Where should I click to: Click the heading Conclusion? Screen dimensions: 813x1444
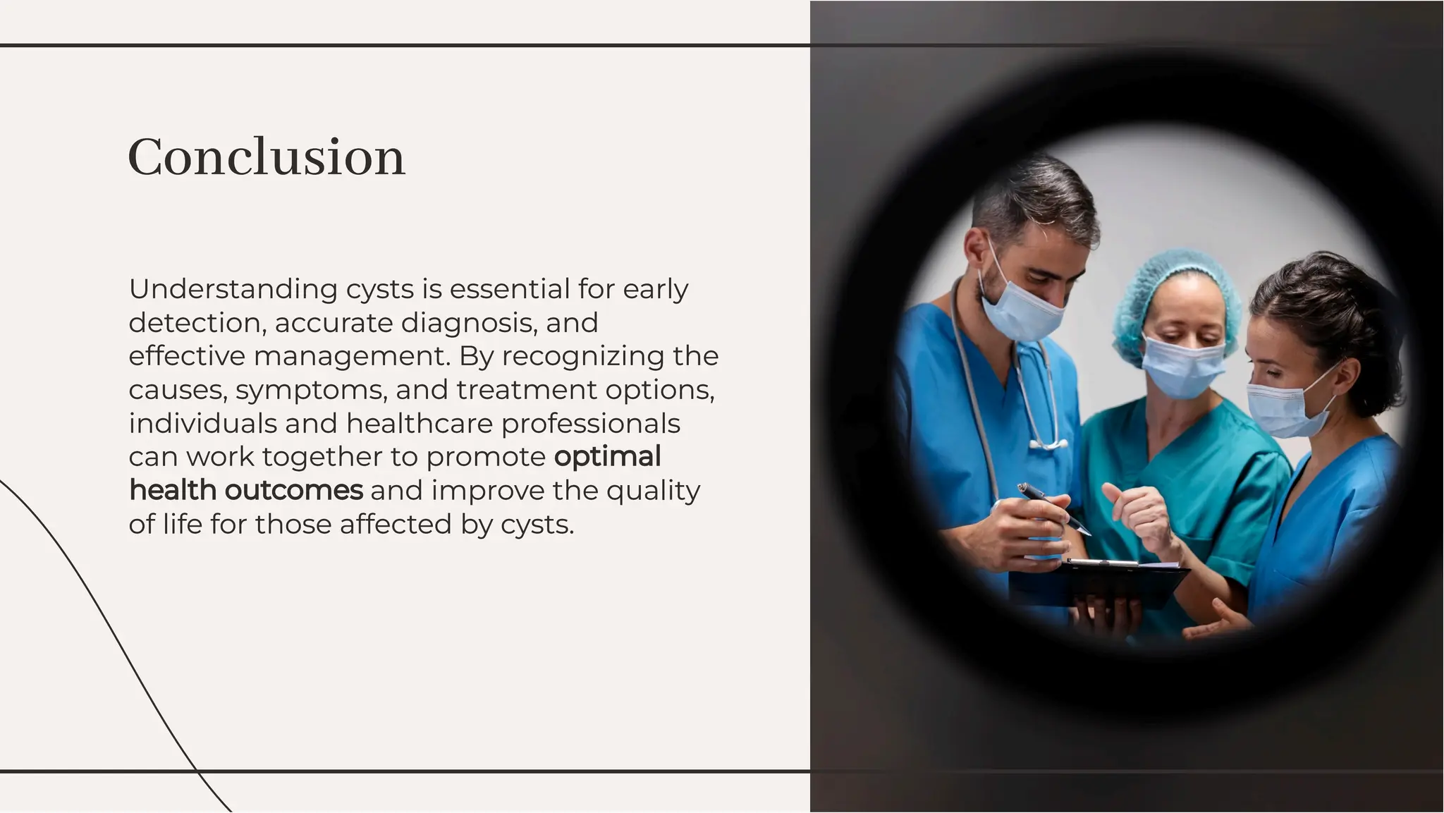[x=267, y=157]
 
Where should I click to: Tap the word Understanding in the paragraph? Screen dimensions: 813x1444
[x=233, y=289]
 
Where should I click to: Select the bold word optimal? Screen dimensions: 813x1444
[x=607, y=457]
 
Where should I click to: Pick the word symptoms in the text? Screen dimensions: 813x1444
[x=311, y=390]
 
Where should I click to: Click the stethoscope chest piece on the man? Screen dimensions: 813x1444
[x=1048, y=444]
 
